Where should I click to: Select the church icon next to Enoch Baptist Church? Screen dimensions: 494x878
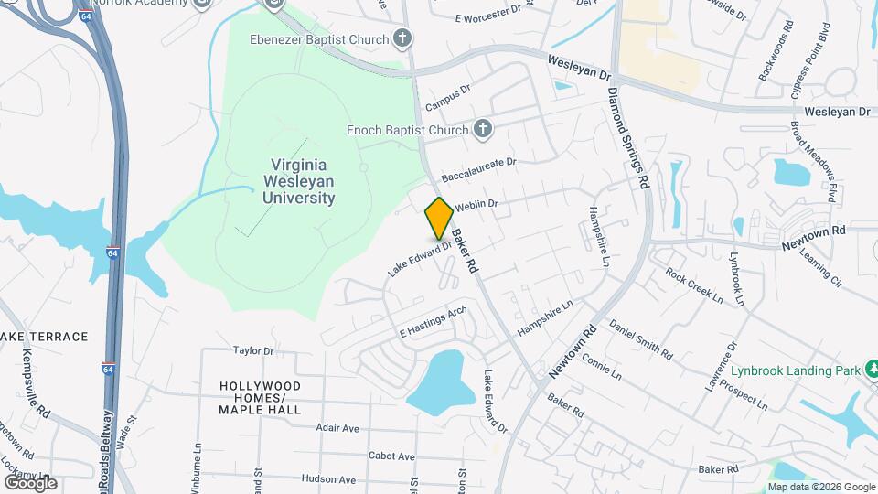click(x=483, y=130)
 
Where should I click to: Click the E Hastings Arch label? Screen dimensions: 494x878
click(x=434, y=322)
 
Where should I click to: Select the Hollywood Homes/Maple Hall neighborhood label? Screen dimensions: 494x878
click(x=260, y=398)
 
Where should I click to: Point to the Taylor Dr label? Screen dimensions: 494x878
click(x=253, y=350)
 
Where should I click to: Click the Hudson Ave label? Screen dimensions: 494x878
click(x=327, y=479)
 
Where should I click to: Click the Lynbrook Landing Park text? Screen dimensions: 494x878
click(x=796, y=371)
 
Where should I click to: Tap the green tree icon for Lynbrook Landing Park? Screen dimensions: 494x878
click(x=872, y=370)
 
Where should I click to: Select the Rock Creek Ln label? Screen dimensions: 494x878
click(x=694, y=285)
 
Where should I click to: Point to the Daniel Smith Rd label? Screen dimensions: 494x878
click(x=640, y=339)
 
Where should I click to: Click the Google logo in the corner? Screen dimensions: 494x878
click(x=30, y=482)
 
